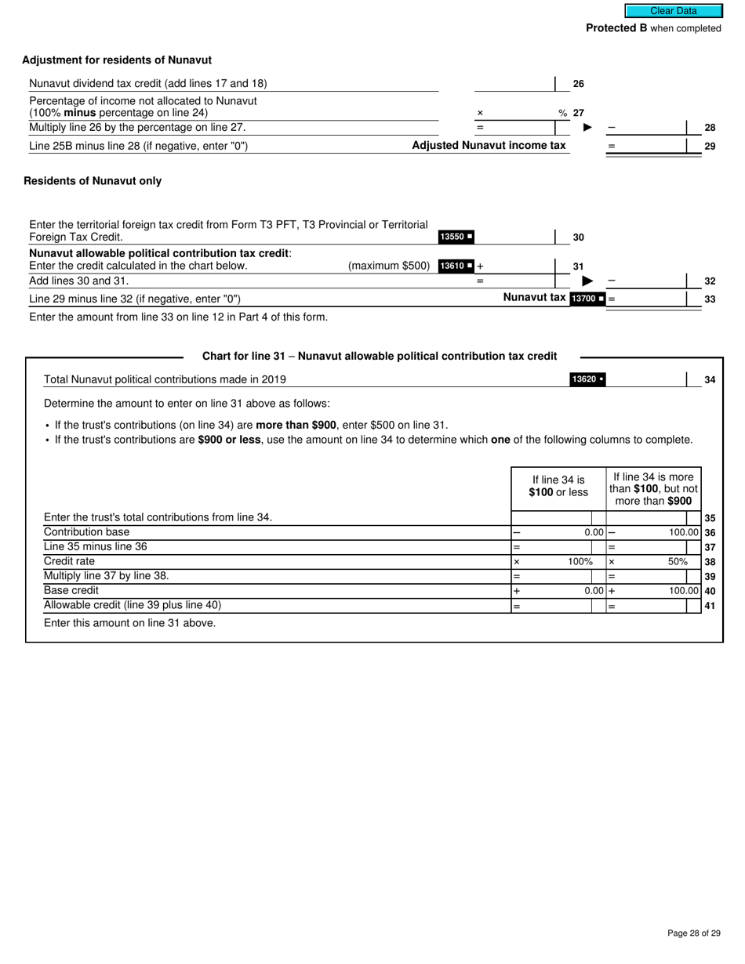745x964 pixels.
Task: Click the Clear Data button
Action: pos(673,11)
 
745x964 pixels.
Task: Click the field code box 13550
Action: pos(456,237)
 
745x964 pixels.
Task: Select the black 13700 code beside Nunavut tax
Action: pos(587,299)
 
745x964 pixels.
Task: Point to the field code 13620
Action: pos(587,379)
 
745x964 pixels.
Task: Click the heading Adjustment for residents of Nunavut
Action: pos(117,60)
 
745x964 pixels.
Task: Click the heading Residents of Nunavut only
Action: pos(93,181)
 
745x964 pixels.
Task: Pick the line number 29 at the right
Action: pos(710,146)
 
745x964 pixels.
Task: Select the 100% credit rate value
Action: pos(580,562)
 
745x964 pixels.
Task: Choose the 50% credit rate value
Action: pos(678,562)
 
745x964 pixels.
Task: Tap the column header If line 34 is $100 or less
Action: pos(558,486)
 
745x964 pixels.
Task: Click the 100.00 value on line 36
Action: pos(683,532)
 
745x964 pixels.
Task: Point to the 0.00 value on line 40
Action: pos(594,591)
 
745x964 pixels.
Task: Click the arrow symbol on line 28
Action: pos(587,128)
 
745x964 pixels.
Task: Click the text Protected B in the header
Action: pos(616,28)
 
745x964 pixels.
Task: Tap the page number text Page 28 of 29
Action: pos(693,933)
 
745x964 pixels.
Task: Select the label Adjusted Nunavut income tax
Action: pos(489,146)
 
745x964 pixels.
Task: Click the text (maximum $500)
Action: pos(389,266)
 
